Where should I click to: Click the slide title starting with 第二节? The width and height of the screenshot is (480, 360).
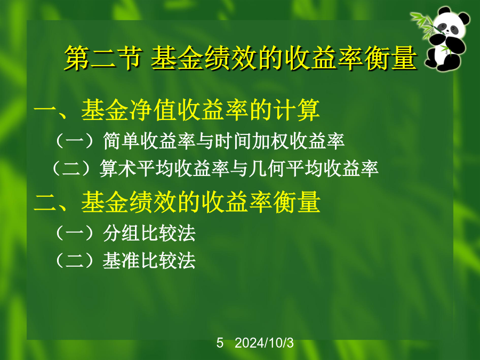241,58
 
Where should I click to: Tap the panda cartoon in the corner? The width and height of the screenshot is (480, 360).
442,39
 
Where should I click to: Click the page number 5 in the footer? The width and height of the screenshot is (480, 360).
220,343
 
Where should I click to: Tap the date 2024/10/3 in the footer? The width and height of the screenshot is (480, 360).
264,343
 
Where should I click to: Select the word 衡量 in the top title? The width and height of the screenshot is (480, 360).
391,58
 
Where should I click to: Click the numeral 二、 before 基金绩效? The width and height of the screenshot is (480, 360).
55,203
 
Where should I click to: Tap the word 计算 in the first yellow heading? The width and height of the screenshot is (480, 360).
297,110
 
